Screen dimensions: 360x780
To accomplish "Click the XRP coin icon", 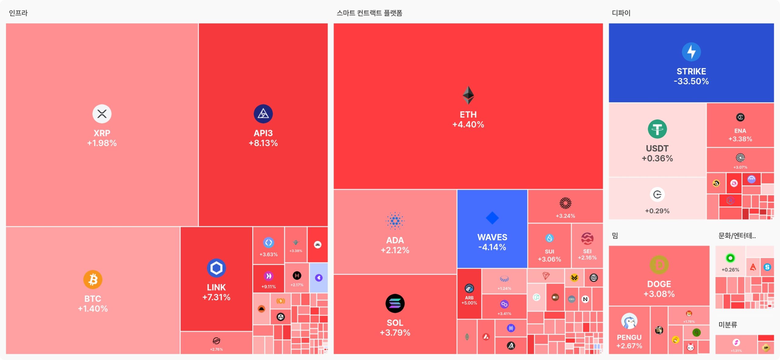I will click(102, 114).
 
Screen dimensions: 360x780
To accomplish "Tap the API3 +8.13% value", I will click(263, 143).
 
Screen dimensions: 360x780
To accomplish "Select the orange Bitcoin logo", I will click(93, 279).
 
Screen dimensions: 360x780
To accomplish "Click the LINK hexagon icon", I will click(216, 268).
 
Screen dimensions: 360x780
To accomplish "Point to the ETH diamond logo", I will click(468, 95).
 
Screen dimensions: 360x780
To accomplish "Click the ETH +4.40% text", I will click(468, 125).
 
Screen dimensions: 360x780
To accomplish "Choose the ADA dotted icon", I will click(395, 221).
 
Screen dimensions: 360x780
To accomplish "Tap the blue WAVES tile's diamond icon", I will click(492, 218).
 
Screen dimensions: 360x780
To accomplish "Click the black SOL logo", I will click(395, 303).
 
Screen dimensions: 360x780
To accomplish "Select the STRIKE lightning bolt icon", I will click(691, 52).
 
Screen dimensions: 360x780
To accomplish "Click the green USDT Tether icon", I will click(657, 129).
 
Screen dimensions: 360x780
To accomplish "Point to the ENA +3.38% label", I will click(740, 139).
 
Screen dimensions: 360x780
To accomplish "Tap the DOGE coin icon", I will click(659, 265).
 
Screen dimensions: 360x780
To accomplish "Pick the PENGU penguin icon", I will click(629, 321).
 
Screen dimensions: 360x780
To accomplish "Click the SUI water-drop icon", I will click(549, 238).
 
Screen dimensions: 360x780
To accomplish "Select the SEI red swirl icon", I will click(587, 238).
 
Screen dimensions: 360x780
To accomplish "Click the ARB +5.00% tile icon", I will click(469, 288).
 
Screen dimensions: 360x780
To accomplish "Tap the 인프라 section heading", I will click(18, 13).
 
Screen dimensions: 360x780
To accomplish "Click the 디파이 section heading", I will click(621, 13).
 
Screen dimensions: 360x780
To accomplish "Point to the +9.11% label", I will click(268, 287).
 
